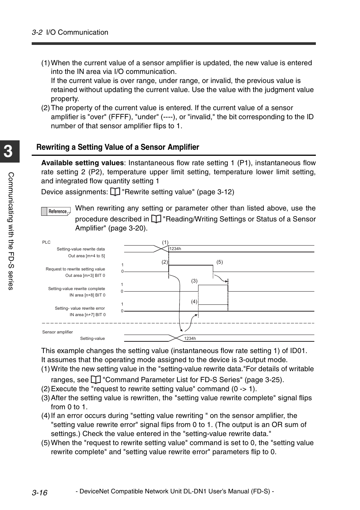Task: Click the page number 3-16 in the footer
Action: (x=40, y=492)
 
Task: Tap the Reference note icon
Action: (x=56, y=212)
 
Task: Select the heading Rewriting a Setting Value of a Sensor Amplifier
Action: (x=118, y=147)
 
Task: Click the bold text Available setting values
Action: (x=82, y=163)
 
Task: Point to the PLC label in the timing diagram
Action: (x=46, y=243)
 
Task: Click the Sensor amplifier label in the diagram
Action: (x=57, y=332)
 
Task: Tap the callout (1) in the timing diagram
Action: (x=165, y=243)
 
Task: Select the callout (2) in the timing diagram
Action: (x=165, y=262)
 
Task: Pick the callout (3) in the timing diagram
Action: (x=194, y=281)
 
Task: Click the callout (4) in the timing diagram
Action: (x=194, y=301)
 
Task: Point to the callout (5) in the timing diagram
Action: (x=220, y=262)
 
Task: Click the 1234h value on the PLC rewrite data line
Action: (x=175, y=249)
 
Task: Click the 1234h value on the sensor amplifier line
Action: (x=190, y=339)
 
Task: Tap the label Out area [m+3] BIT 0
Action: (x=85, y=276)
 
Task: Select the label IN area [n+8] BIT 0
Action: (x=87, y=295)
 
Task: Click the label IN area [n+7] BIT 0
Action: (x=87, y=315)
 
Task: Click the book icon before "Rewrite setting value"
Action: (x=115, y=192)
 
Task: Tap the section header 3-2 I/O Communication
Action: (x=70, y=32)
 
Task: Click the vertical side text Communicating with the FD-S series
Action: (x=11, y=231)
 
